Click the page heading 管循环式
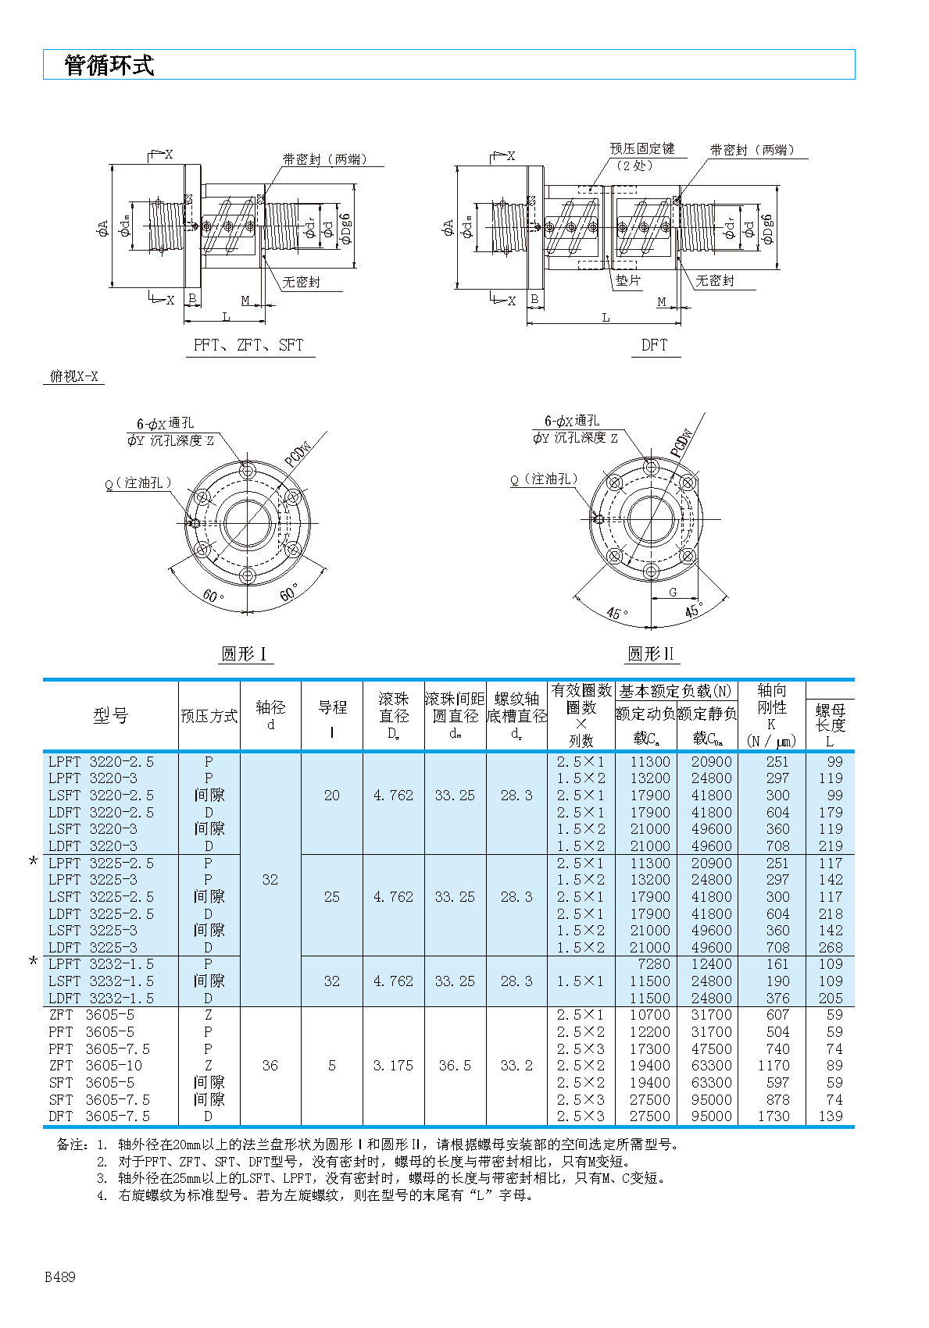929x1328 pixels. [x=109, y=66]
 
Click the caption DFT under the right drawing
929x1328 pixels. [x=654, y=345]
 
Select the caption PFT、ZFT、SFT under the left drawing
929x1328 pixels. [x=248, y=345]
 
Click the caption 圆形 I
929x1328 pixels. [x=245, y=654]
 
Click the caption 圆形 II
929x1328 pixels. [x=650, y=654]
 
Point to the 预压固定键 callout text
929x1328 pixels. [x=642, y=148]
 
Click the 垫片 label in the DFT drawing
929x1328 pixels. [x=627, y=281]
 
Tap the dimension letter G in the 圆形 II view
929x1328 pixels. [x=673, y=593]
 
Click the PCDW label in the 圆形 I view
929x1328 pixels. [x=298, y=453]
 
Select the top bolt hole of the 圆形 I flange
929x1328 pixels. [x=248, y=471]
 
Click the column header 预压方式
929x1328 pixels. [x=209, y=716]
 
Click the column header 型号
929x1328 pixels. [x=110, y=716]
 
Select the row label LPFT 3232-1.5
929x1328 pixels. [x=101, y=964]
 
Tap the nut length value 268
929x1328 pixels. [x=830, y=948]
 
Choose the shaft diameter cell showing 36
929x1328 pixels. [x=270, y=1066]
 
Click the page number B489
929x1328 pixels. [x=60, y=1277]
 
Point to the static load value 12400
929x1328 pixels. [x=711, y=964]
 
